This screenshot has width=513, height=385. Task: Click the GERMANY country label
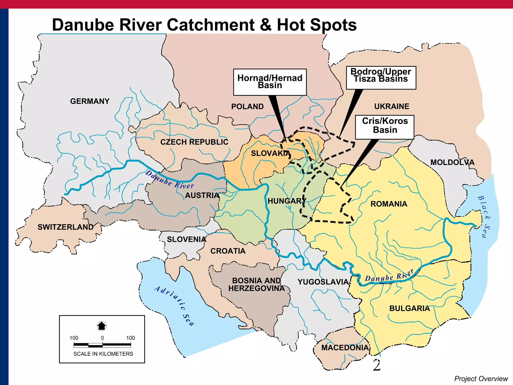pyautogui.click(x=90, y=101)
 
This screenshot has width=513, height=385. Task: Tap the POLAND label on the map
pyautogui.click(x=247, y=107)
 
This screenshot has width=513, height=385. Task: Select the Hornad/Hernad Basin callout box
pyautogui.click(x=270, y=82)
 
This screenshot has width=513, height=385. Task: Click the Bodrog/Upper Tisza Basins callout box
pyautogui.click(x=381, y=77)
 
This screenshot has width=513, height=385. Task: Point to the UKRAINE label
pyautogui.click(x=392, y=106)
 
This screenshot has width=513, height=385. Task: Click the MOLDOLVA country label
pyautogui.click(x=452, y=162)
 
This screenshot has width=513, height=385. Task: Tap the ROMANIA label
pyautogui.click(x=389, y=204)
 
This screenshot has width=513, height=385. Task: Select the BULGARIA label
pyautogui.click(x=409, y=308)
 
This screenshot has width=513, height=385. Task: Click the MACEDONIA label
pyautogui.click(x=345, y=348)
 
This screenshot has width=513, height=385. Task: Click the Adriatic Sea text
pyautogui.click(x=174, y=306)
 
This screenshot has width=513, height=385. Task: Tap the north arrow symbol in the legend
pyautogui.click(x=102, y=326)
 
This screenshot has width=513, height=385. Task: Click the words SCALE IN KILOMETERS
pyautogui.click(x=103, y=354)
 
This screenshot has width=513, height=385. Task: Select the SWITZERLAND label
pyautogui.click(x=65, y=227)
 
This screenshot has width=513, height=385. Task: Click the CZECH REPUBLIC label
pyautogui.click(x=194, y=142)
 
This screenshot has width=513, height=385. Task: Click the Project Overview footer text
pyautogui.click(x=481, y=378)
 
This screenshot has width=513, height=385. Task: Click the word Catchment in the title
pyautogui.click(x=210, y=25)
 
